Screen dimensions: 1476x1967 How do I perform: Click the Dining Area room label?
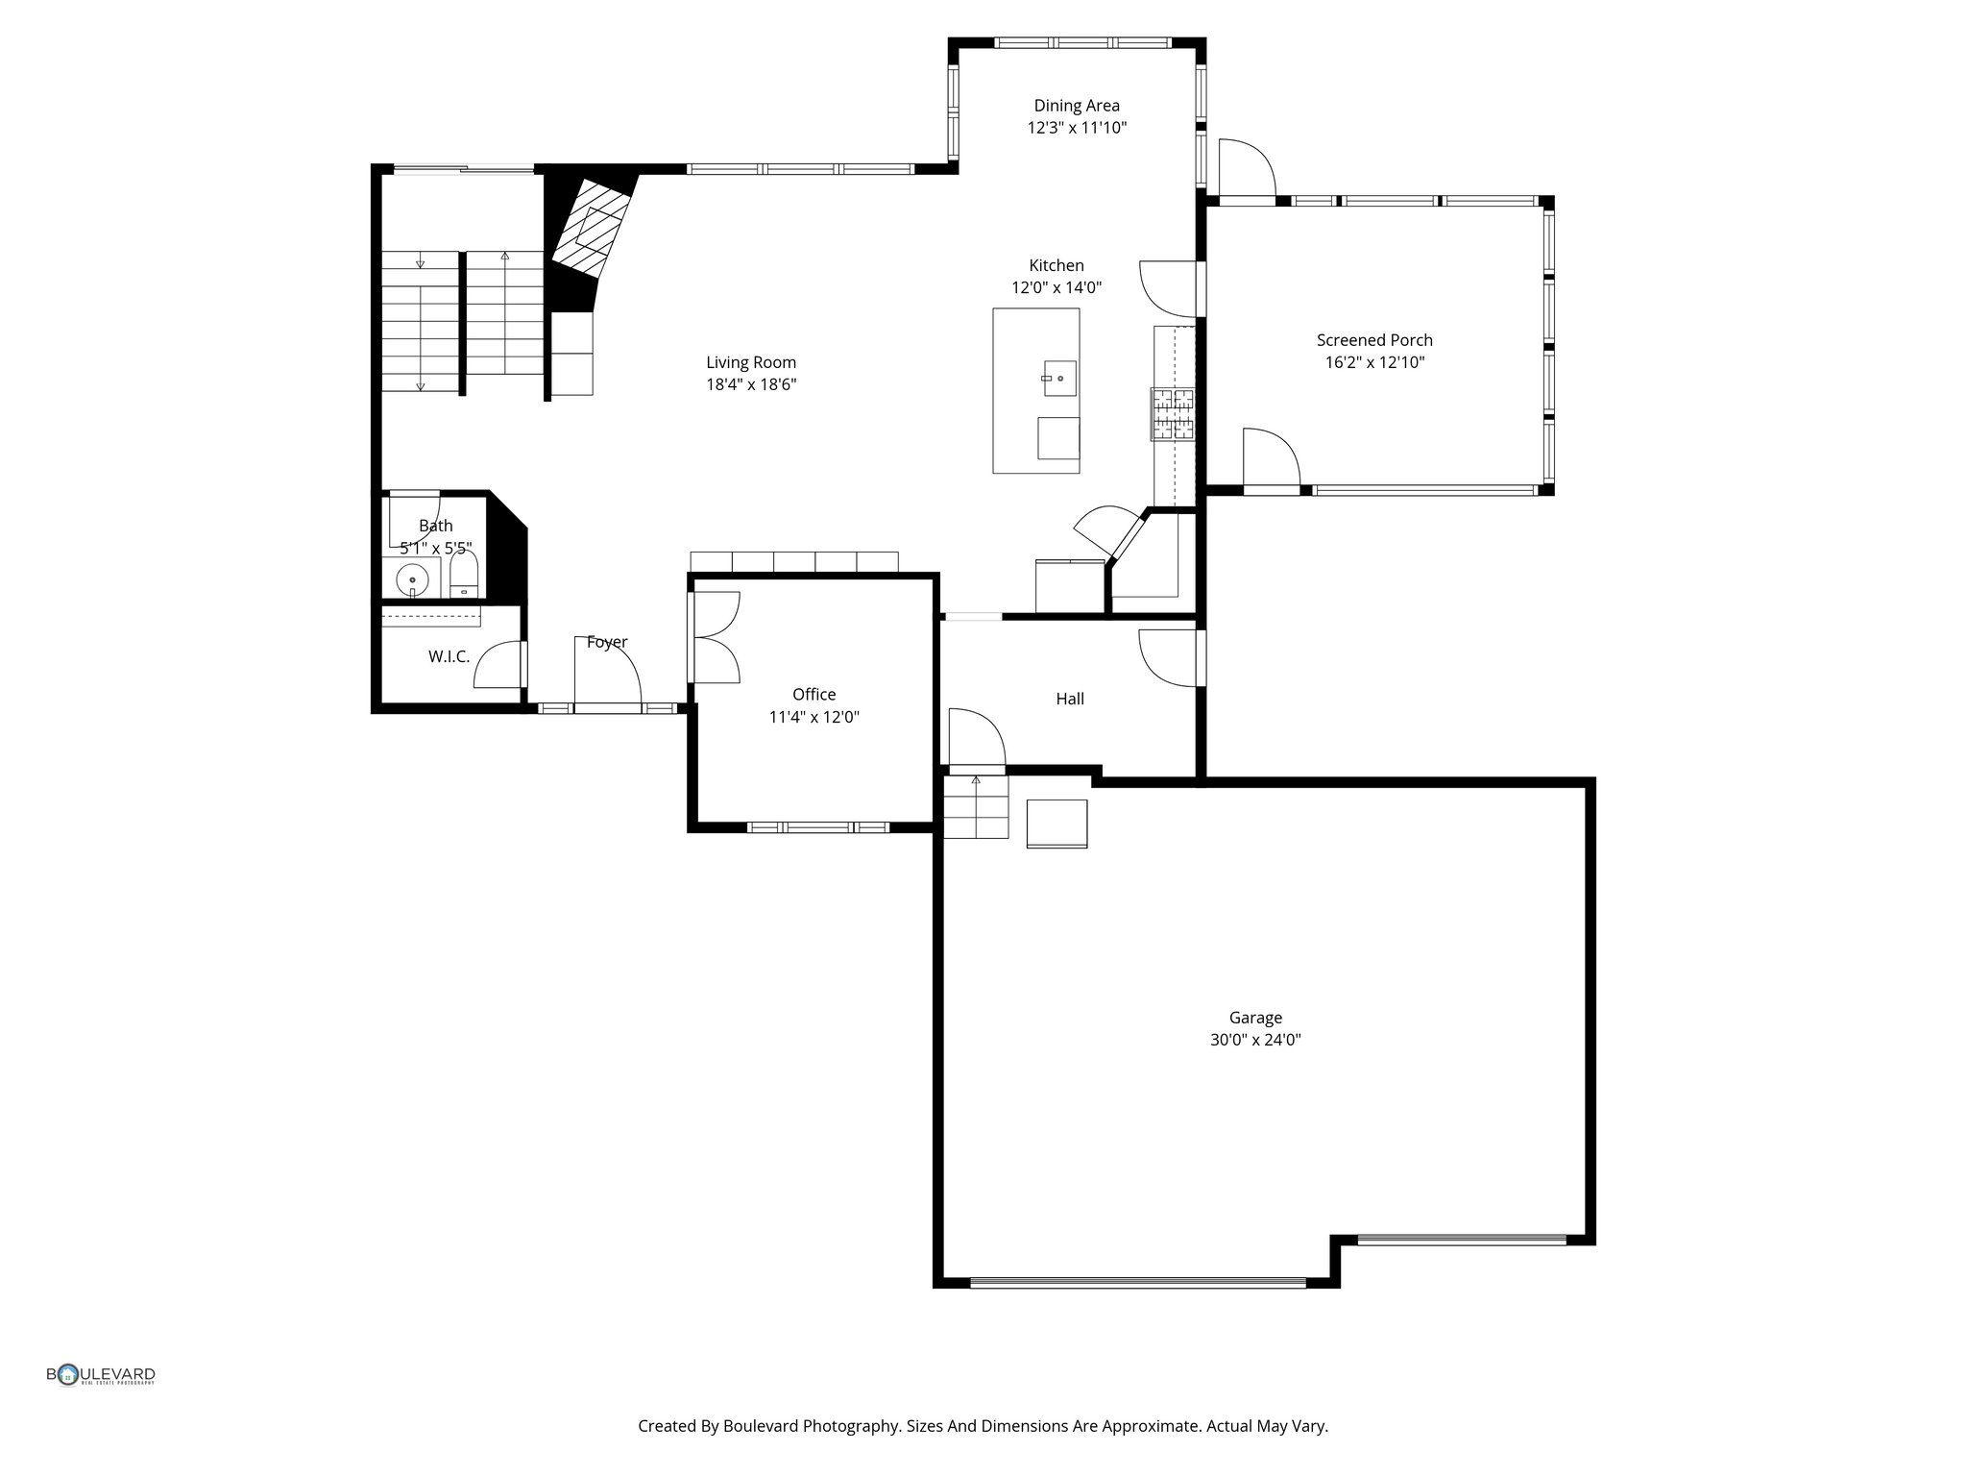tap(1076, 106)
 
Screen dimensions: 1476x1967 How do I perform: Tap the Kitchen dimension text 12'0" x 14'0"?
tap(1056, 287)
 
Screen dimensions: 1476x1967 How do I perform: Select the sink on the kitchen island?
tap(1059, 378)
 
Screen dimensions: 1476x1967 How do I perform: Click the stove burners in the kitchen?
tap(1174, 414)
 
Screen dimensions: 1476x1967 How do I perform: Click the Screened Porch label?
tap(1373, 340)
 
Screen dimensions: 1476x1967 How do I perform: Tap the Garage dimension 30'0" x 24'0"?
tap(1254, 1040)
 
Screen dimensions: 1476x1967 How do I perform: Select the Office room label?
tap(814, 694)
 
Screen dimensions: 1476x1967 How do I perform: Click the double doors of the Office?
tap(716, 637)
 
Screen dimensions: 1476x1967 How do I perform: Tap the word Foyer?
tap(607, 642)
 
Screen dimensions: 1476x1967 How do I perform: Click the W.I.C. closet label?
tap(449, 656)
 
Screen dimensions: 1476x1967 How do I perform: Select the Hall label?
tap(1070, 699)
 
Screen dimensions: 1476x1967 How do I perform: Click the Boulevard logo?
tap(101, 1375)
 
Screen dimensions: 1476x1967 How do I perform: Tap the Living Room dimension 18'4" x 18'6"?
tap(751, 384)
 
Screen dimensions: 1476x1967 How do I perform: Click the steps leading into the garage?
tap(976, 806)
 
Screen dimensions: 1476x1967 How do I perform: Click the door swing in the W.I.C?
tap(497, 665)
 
